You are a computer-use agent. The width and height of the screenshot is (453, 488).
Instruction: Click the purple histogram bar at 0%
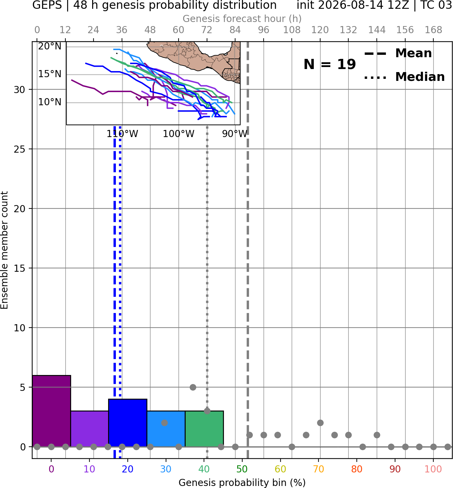52,411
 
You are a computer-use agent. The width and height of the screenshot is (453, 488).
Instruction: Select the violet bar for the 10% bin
90,429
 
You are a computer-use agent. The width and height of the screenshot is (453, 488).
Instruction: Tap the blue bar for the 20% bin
128,423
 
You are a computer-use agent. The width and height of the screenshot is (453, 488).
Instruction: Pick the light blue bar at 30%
166,429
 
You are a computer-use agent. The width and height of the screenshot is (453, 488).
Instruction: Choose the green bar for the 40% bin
205,429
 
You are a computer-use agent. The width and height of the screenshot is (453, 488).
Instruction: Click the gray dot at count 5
193,387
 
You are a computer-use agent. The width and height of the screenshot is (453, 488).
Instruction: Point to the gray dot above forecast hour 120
321,423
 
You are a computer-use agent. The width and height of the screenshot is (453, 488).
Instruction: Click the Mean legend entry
398,53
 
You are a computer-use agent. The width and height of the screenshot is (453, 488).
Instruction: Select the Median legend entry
404,77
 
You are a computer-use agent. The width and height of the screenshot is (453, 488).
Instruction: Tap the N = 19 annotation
330,64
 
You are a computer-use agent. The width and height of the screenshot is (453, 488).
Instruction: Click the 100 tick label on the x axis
433,469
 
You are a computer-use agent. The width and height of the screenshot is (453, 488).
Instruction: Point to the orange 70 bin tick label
318,469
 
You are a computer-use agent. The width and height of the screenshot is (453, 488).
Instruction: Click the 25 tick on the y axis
19,149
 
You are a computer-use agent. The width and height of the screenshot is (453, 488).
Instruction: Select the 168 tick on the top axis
434,30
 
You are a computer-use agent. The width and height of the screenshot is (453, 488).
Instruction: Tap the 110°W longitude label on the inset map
122,134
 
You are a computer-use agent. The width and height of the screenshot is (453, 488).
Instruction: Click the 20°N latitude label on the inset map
50,46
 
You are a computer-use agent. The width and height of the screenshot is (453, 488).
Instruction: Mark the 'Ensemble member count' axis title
4,250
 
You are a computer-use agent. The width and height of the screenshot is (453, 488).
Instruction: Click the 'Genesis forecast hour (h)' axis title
242,19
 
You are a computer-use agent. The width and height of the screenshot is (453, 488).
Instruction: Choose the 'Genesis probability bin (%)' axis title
242,483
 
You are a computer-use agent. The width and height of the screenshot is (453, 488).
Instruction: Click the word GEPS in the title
47,5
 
